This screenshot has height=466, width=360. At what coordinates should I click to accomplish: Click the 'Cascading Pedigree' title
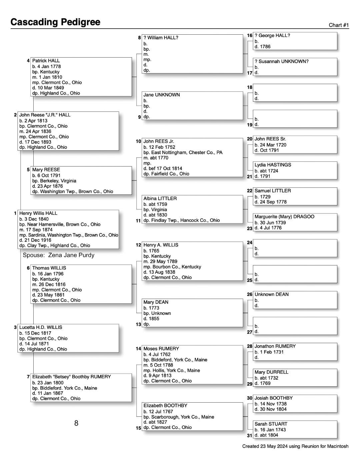point(55,22)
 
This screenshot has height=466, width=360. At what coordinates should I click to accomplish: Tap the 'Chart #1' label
point(338,25)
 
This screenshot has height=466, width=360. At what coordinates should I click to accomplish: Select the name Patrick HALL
point(46,61)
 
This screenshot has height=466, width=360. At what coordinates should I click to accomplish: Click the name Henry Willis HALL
point(38,213)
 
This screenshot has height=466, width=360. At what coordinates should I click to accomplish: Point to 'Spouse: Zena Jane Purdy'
point(58,255)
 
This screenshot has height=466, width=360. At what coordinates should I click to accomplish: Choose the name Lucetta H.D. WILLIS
point(41,327)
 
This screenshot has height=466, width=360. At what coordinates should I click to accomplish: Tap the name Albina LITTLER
point(160,198)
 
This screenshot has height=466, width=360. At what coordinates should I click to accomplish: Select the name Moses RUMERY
point(161,349)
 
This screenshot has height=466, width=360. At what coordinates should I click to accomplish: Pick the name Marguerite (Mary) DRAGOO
point(284,216)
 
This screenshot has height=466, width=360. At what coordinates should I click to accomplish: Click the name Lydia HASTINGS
point(273,165)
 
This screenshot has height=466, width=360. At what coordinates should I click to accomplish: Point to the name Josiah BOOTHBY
point(273,398)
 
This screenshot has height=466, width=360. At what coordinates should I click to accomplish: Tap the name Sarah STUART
point(271,424)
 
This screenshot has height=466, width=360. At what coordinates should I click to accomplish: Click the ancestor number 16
point(250,35)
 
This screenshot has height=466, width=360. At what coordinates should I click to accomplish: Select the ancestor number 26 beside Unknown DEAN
point(250,294)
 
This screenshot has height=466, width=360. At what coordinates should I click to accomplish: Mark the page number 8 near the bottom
point(76,423)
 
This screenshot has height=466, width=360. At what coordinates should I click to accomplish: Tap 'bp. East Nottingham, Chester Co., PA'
point(183,152)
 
